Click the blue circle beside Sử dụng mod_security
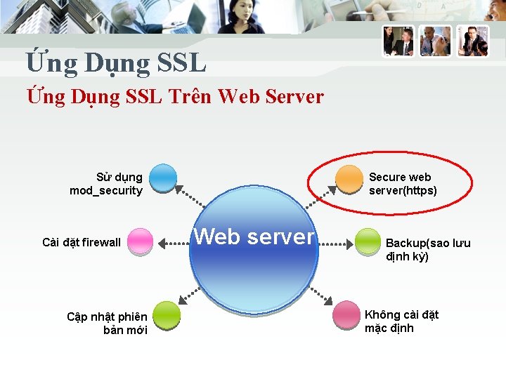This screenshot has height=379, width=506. pyautogui.click(x=163, y=178)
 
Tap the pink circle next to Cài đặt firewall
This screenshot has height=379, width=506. pyautogui.click(x=141, y=241)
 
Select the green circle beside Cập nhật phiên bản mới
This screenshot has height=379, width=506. pyautogui.click(x=166, y=315)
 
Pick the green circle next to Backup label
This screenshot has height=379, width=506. pyautogui.click(x=368, y=241)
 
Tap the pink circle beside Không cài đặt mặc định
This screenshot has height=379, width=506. pyautogui.click(x=346, y=315)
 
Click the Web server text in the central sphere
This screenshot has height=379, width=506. pyautogui.click(x=254, y=237)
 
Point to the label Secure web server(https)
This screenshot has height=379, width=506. pyautogui.click(x=402, y=184)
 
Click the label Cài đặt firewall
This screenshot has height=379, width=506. pyautogui.click(x=82, y=243)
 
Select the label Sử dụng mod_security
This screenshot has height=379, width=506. pyautogui.click(x=107, y=184)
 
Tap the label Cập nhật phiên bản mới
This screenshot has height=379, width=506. pyautogui.click(x=108, y=324)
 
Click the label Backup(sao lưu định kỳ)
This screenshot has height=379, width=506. pyautogui.click(x=427, y=250)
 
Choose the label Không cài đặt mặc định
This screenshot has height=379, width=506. pyautogui.click(x=401, y=321)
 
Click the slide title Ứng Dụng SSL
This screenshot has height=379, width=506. pyautogui.click(x=116, y=63)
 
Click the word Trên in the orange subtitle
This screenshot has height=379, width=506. pyautogui.click(x=190, y=96)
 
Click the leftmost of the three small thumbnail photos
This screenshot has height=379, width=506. pyautogui.click(x=398, y=41)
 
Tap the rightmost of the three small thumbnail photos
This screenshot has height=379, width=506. pyautogui.click(x=472, y=41)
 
